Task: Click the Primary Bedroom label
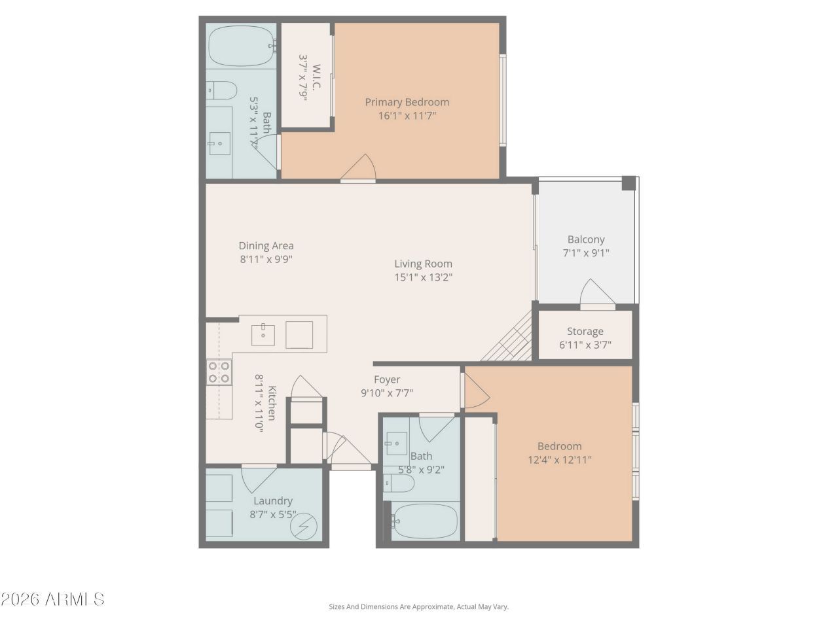pos(407,102)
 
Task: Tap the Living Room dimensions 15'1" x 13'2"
pos(423,277)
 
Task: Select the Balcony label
pos(586,239)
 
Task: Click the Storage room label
pos(585,331)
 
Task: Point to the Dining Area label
pos(266,246)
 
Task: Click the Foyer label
pos(387,379)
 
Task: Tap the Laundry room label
pos(270,501)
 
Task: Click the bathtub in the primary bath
pos(240,44)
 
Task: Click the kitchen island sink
pos(264,334)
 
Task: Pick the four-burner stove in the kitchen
pos(219,372)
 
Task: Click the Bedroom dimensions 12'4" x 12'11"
pos(560,460)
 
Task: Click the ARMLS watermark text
pos(52,599)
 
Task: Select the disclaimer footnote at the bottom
pos(418,607)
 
